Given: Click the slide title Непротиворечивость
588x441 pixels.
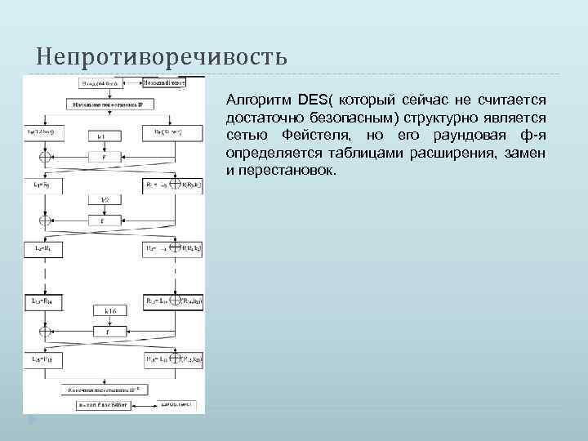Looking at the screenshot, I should pyautogui.click(x=162, y=58).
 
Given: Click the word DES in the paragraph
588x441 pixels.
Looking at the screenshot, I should pyautogui.click(x=312, y=100).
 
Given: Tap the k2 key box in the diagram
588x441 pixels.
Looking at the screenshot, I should pyautogui.click(x=104, y=200).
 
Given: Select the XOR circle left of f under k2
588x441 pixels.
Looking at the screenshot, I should pyautogui.click(x=46, y=220).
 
